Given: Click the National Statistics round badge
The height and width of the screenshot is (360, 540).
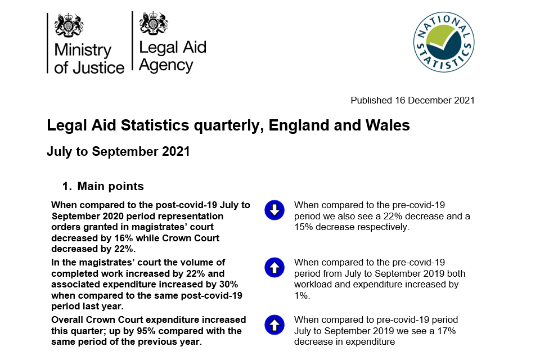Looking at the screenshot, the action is coord(444,42).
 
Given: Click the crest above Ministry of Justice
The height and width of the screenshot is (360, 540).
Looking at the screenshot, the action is coord(69,25).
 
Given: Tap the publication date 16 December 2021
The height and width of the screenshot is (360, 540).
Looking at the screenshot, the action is coord(435,100).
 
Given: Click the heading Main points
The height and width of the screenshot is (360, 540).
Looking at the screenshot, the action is coord(111,186).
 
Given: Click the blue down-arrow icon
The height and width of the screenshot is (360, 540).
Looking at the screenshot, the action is coord(274,210).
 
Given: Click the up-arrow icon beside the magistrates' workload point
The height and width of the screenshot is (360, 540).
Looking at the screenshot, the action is coord(274,267).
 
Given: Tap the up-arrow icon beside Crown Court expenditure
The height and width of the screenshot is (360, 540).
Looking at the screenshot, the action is coord(274,325).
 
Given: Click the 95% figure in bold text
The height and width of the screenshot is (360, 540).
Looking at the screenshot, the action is coord(146,331).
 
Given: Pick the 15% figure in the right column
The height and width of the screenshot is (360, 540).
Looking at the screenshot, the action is coord(303,227).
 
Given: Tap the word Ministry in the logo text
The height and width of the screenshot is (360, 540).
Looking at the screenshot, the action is coord(83,50).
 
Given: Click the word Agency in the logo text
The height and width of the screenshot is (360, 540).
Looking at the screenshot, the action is coord(166,65).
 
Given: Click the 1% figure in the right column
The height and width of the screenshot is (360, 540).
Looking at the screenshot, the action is coord(302,295).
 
